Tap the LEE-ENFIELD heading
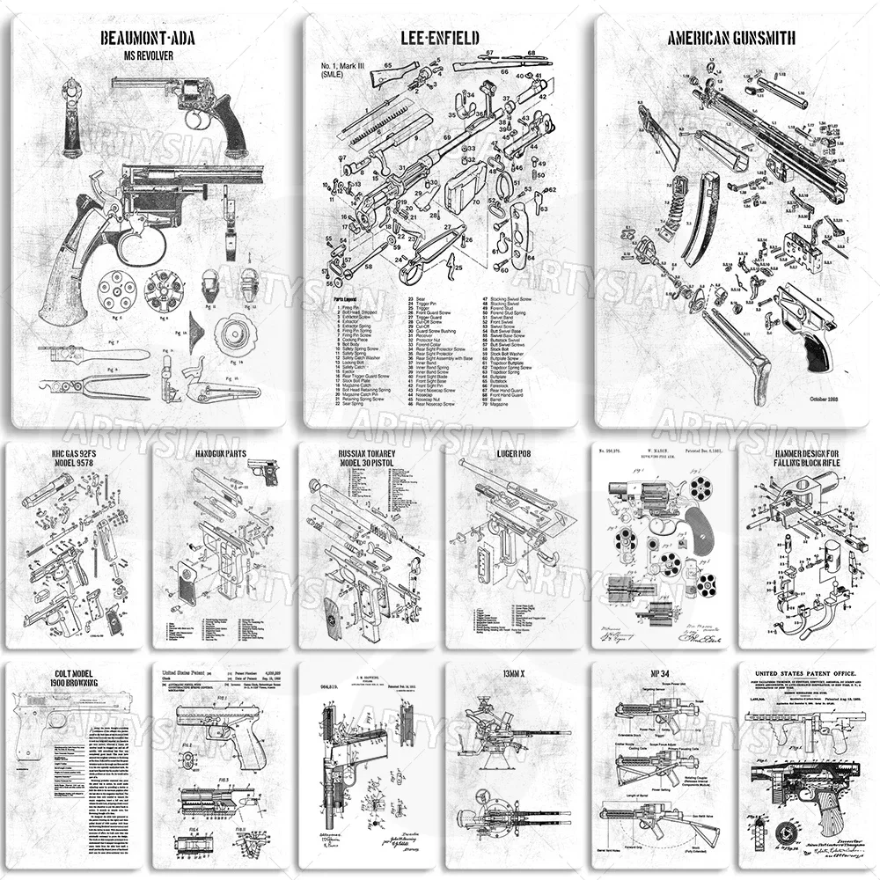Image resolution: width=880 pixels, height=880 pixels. click(x=440, y=37)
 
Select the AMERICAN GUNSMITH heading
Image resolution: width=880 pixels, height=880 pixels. click(x=732, y=38)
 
